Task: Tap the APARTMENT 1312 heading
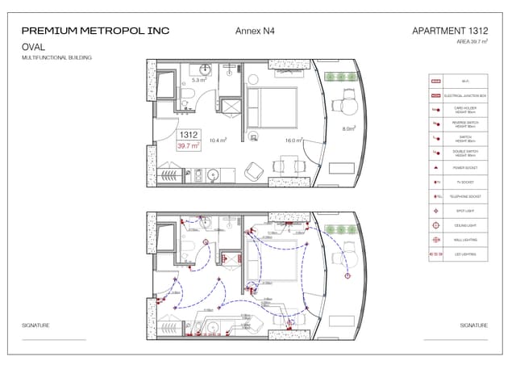pos(450,31)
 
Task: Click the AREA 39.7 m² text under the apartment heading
pos(472,41)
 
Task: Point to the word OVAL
pos(33,48)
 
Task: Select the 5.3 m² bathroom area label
pos(198,81)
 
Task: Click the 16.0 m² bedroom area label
pos(293,140)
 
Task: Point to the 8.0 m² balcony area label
pos(349,128)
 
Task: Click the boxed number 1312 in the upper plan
pos(189,135)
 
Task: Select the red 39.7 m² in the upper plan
pos(189,146)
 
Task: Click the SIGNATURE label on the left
pos(35,325)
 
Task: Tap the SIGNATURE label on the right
pos(473,325)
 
